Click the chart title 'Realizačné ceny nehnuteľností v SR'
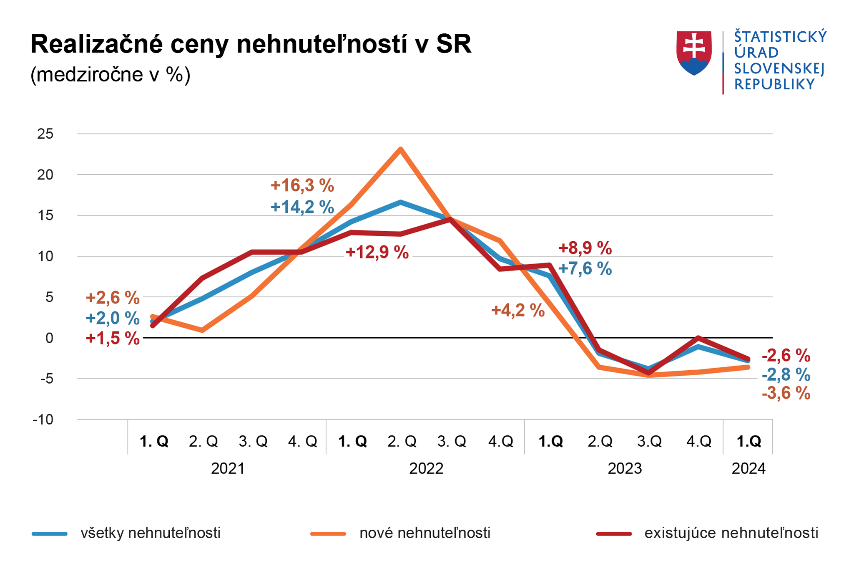[251, 44]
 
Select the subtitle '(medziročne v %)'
[110, 75]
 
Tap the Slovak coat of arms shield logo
[694, 53]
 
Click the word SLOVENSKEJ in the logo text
[779, 68]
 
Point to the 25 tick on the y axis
[45, 134]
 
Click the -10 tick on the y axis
[43, 420]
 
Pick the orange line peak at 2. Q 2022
[400, 149]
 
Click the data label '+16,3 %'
[302, 185]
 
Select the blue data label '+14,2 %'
[302, 207]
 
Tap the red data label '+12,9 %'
[377, 253]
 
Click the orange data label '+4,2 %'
[518, 311]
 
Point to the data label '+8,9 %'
[585, 248]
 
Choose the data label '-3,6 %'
[786, 393]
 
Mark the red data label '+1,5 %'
[113, 338]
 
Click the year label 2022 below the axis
[426, 469]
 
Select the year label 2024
[749, 469]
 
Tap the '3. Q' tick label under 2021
[253, 441]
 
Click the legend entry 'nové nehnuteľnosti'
[424, 533]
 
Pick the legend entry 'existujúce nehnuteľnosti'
[731, 533]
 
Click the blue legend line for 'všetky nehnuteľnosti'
[50, 534]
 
